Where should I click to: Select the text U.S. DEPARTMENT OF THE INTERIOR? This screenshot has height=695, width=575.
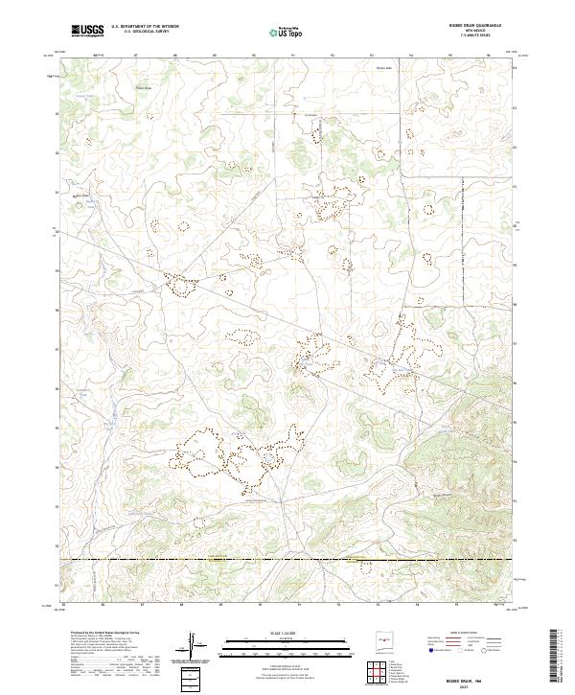pyautogui.click(x=145, y=27)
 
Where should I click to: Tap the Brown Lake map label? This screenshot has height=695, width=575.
pyautogui.click(x=383, y=68)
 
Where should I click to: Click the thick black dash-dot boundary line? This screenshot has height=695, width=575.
pyautogui.click(x=287, y=559)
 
